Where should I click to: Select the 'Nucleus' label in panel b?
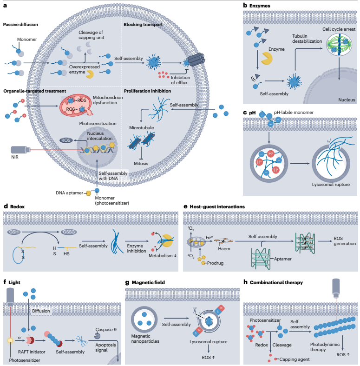point(347,100)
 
